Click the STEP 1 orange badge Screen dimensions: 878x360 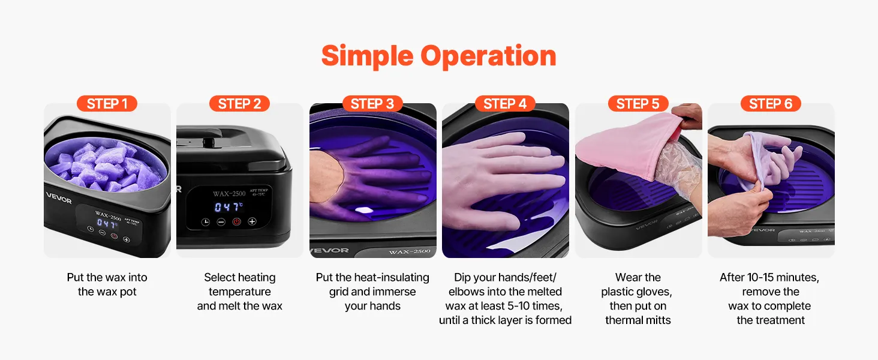107,104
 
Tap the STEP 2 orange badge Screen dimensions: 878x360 239,104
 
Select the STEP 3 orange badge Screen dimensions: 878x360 372,104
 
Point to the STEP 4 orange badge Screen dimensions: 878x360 505,104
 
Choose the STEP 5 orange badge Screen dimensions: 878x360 638,104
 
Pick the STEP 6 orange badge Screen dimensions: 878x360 771,104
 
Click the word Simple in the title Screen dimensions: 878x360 367,56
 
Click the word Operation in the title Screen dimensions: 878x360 488,56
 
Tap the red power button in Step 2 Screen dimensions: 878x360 236,222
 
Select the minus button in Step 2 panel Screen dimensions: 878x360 221,222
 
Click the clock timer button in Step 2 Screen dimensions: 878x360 206,222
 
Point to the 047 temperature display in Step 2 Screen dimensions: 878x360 228,206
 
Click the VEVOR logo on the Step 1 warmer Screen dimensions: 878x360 59,198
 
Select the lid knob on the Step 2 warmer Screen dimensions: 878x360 208,142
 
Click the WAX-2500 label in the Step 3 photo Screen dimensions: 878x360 410,251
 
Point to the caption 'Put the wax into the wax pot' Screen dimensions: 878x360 107,284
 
